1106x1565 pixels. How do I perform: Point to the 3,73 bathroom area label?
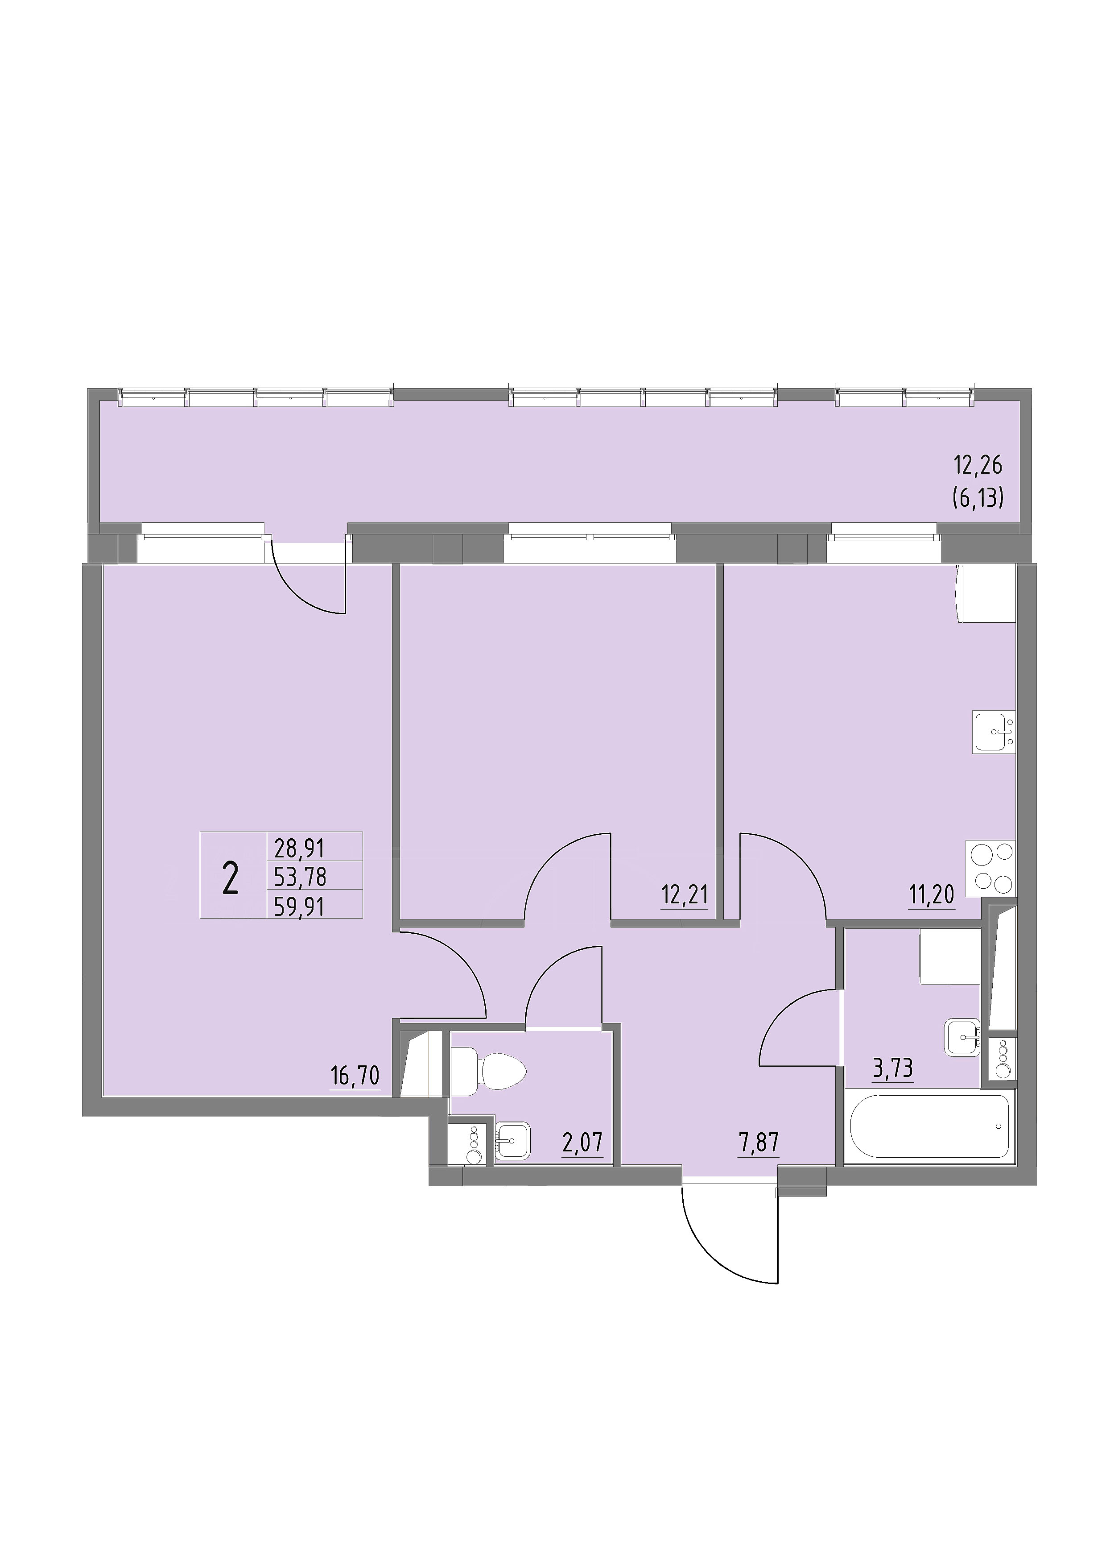(893, 1068)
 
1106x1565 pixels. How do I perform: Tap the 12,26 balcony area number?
(978, 466)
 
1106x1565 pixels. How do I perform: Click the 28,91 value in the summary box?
(300, 849)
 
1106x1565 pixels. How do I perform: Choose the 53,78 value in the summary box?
(300, 877)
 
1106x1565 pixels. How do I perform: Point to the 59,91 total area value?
(300, 907)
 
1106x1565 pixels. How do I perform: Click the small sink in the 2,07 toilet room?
(512, 1140)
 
